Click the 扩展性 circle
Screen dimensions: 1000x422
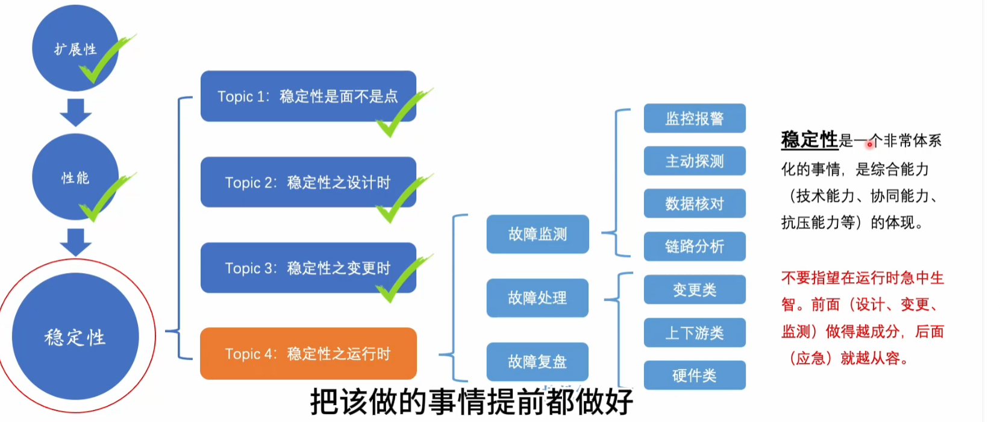tap(75, 48)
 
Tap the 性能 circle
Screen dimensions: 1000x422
tap(75, 177)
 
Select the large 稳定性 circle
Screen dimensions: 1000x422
tap(75, 336)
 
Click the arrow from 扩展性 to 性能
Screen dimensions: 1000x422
tap(76, 113)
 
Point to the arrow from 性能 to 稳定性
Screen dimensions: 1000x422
tap(76, 242)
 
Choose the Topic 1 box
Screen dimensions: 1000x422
tap(308, 96)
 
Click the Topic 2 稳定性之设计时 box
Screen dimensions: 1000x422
tap(308, 182)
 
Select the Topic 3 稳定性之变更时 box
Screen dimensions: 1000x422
tap(308, 268)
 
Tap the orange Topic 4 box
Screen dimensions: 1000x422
tap(308, 354)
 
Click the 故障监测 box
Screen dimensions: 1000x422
tap(538, 234)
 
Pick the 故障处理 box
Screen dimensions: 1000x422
tap(537, 298)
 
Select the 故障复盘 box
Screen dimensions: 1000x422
tap(537, 362)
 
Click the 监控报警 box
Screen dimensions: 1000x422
tap(695, 118)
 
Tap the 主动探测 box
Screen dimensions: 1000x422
tap(695, 161)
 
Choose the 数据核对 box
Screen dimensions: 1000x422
tap(695, 204)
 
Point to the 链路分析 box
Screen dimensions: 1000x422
tap(695, 247)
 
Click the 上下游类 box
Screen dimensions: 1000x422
tap(695, 333)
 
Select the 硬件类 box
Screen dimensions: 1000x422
tap(695, 376)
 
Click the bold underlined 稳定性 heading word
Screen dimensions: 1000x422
tap(810, 140)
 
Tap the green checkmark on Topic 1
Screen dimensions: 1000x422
tap(404, 112)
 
